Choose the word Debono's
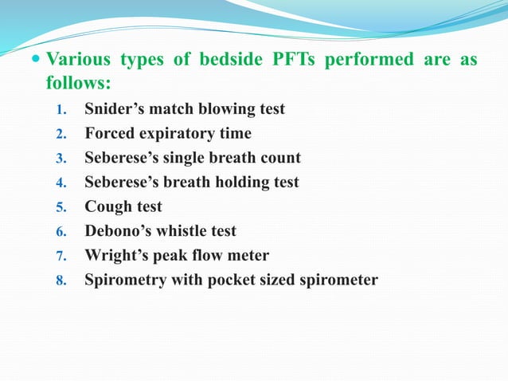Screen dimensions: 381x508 click(118, 231)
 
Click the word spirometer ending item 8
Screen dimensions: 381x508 click(338, 281)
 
